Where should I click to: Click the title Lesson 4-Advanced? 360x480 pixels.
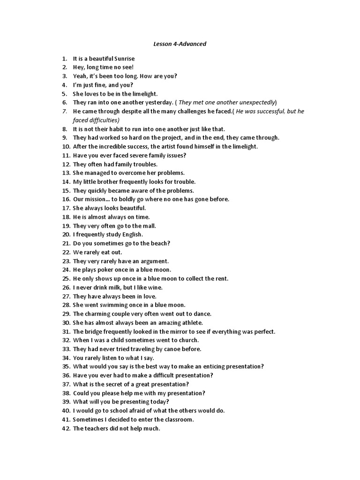pos(180,44)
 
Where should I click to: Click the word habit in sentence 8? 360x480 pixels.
pos(123,129)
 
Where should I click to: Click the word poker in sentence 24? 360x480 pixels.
pos(111,270)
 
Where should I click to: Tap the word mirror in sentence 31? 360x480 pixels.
pos(169,331)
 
